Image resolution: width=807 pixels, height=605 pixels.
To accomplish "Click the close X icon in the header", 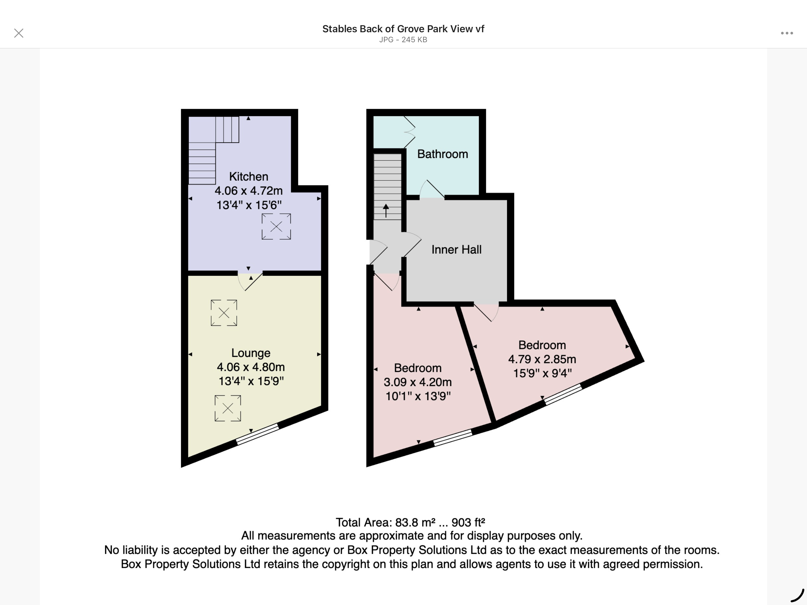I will point(18,33).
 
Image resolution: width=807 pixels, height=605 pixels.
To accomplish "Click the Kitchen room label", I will point(248,176).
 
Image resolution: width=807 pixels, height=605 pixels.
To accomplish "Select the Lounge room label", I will point(251,353).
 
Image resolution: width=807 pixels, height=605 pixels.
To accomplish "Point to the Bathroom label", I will point(442,154).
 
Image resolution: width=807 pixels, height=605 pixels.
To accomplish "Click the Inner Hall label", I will point(456,249).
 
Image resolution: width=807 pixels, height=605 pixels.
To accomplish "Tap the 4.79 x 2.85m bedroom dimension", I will point(542,359).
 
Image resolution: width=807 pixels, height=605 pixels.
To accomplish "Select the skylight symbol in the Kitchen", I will point(276,227).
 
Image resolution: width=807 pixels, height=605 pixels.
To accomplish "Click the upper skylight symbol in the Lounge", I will point(224,312).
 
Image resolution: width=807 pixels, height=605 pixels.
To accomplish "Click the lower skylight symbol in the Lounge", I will point(228,408).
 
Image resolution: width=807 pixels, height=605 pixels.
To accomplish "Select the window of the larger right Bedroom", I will point(563,394).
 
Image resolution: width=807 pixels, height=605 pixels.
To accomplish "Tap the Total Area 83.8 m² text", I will point(410,522).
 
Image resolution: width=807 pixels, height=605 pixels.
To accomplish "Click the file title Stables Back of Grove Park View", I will point(403,29).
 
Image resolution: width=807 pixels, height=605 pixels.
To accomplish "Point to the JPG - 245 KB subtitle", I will point(403,40).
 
